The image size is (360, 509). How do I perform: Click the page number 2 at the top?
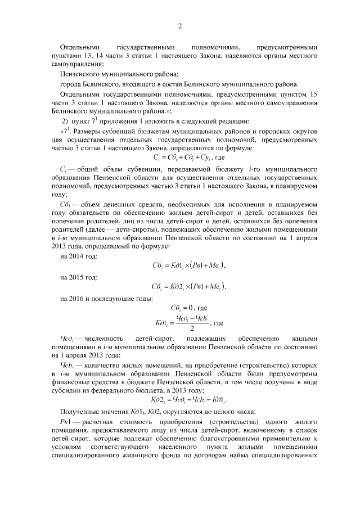tap(180, 26)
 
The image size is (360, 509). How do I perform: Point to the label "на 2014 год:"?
tap(78, 256)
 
